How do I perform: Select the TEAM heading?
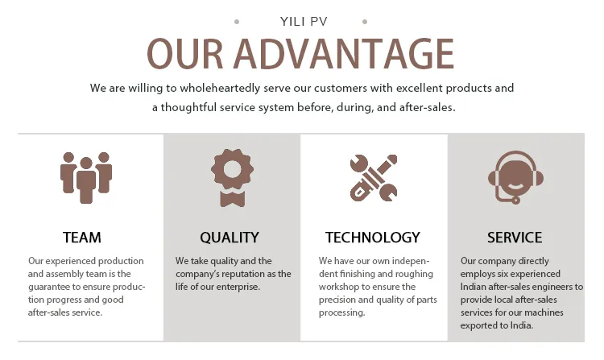pyautogui.click(x=82, y=238)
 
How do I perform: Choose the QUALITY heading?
pyautogui.click(x=230, y=238)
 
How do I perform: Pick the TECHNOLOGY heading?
pyautogui.click(x=373, y=238)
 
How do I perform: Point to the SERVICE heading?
pyautogui.click(x=515, y=238)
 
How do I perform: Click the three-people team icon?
pyautogui.click(x=85, y=176)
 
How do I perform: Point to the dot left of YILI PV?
pyautogui.click(x=236, y=22)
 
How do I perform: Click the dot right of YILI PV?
pyautogui.click(x=365, y=22)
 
